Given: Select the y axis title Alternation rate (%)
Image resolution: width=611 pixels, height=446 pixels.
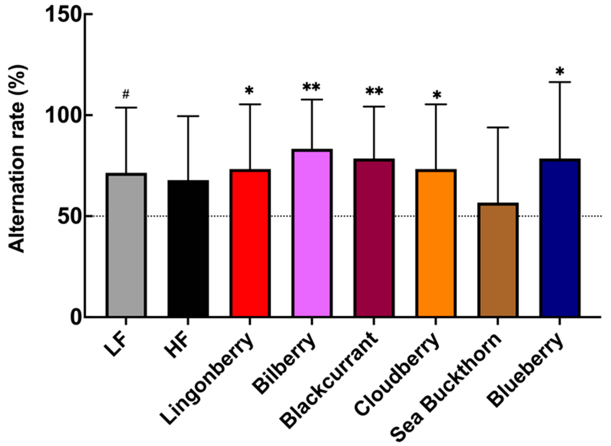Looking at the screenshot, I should coord(18,159).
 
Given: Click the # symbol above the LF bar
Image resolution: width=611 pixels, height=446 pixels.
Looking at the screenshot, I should coord(126,95).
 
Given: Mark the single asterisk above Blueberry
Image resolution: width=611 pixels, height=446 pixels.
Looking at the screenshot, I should coord(559,72).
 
